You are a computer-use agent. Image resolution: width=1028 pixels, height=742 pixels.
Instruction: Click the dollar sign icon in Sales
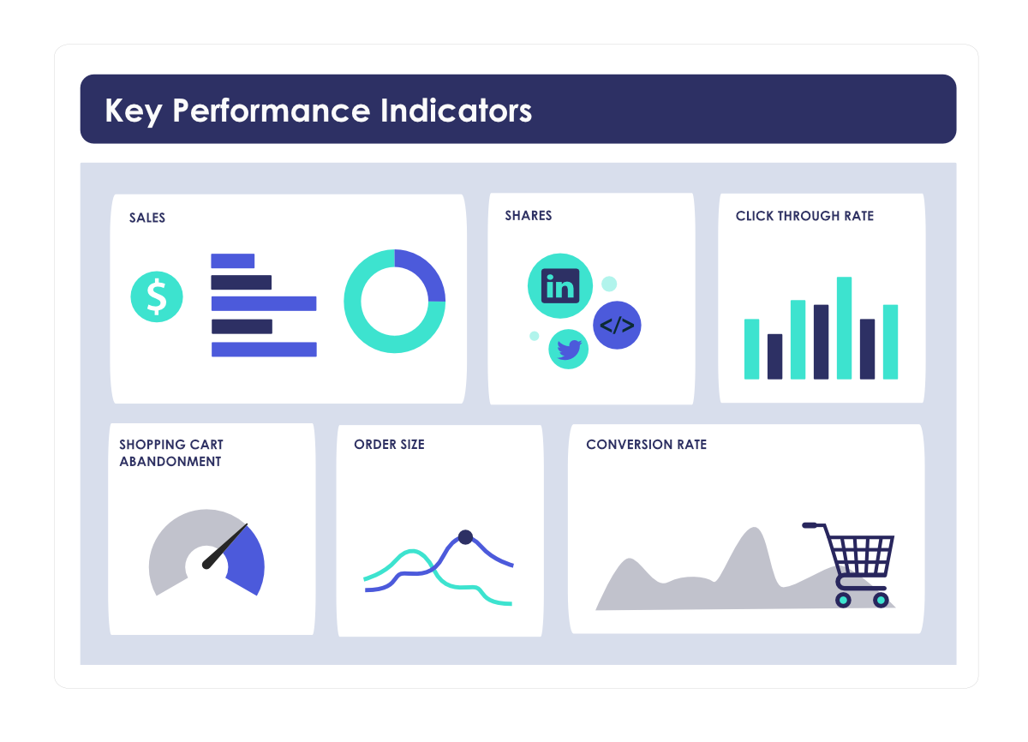click(156, 296)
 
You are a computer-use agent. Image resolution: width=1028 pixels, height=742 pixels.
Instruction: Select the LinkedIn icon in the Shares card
click(560, 286)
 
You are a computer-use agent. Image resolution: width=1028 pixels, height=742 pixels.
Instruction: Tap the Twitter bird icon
click(569, 349)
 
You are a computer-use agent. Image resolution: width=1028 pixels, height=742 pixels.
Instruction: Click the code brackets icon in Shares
click(617, 326)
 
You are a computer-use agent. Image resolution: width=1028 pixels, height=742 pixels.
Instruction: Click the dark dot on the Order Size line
click(465, 537)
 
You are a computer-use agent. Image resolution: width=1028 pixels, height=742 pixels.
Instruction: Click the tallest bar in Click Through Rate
click(844, 327)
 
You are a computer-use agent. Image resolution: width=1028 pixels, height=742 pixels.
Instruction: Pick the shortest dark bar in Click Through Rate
click(774, 356)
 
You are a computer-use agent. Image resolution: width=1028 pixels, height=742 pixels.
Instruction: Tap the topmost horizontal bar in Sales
click(232, 260)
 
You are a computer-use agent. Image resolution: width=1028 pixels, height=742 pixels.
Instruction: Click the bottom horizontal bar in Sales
click(264, 349)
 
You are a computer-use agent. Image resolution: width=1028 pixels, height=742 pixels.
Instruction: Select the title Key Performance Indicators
click(318, 111)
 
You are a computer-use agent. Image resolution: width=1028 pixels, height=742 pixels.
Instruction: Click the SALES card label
click(147, 218)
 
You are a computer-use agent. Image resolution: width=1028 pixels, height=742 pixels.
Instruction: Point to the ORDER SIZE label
click(389, 445)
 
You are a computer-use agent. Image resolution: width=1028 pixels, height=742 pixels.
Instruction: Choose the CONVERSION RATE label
click(646, 445)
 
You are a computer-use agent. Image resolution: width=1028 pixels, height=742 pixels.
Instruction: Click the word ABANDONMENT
click(170, 462)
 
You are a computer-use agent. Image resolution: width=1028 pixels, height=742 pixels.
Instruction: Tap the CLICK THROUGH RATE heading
click(804, 216)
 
